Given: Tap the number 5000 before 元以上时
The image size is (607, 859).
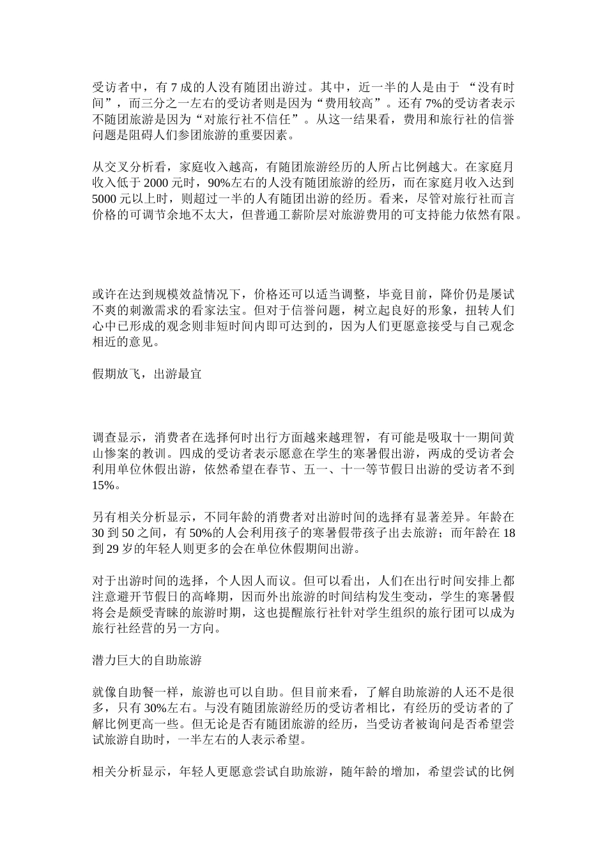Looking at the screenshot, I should point(106,199).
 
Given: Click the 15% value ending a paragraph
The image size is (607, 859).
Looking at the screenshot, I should point(106,485).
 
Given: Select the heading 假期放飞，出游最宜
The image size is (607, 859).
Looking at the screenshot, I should point(147,374).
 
